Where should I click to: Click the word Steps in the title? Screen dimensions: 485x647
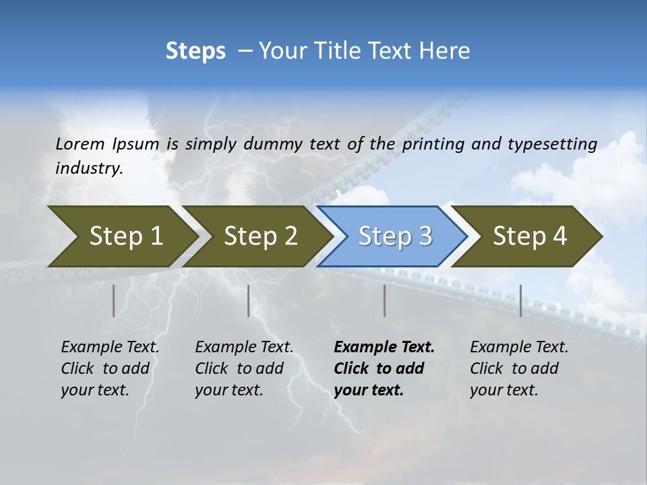195,51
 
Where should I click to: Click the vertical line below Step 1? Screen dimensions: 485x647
114,300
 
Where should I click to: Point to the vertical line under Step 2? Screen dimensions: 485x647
249,300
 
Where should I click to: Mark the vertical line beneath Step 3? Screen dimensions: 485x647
385,300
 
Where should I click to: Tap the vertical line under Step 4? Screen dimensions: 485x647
521,300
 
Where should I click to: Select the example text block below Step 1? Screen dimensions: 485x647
110,368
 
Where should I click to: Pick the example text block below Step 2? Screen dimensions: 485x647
244,368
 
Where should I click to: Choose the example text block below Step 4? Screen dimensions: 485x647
519,368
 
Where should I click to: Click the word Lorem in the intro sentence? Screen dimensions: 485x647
80,143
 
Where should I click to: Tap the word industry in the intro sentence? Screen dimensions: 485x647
89,168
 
